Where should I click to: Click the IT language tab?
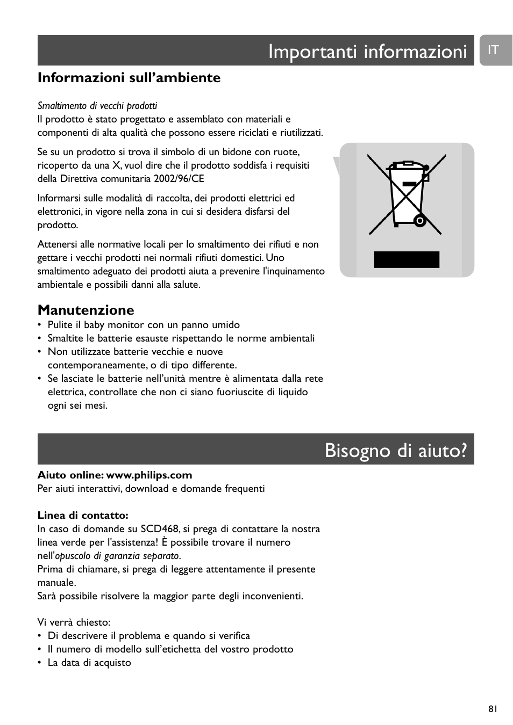pos(494,50)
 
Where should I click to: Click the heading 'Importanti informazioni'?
pos(368,52)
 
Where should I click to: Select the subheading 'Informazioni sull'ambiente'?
pos(129,78)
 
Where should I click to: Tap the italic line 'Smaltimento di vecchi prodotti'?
pos(97,106)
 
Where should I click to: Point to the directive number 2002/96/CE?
pos(179,179)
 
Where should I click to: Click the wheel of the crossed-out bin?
pos(421,220)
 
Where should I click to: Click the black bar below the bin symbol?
pos(407,259)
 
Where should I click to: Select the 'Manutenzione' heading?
pos(86,310)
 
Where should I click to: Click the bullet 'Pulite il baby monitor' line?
pos(144,325)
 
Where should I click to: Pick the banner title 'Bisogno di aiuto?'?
pos(396,450)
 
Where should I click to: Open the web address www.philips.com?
pos(149,475)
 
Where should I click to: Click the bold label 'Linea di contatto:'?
pos(83,516)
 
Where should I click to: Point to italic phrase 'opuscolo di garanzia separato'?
pos(117,556)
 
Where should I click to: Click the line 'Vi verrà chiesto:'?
pos(74,622)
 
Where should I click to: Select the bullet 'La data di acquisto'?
pos(89,663)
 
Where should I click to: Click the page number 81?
pos(493,709)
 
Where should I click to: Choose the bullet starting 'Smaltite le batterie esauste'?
pos(181,338)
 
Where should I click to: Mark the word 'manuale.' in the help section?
pos(56,583)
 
